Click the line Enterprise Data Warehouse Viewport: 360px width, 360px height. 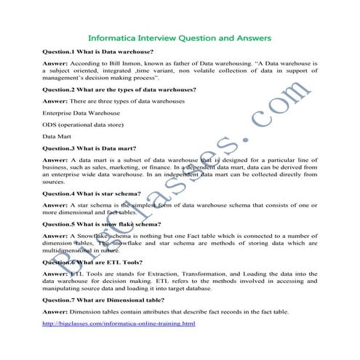click(x=81, y=113)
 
